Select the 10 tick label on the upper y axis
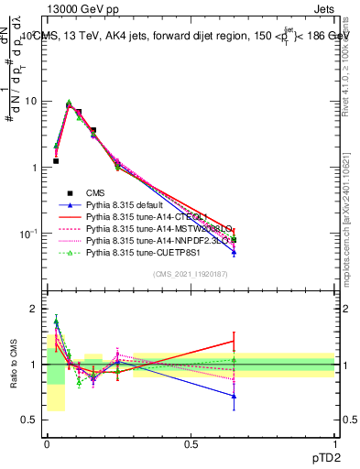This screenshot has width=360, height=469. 30,102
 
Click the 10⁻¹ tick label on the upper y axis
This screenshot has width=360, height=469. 28,234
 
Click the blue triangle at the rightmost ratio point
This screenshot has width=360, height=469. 234,397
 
